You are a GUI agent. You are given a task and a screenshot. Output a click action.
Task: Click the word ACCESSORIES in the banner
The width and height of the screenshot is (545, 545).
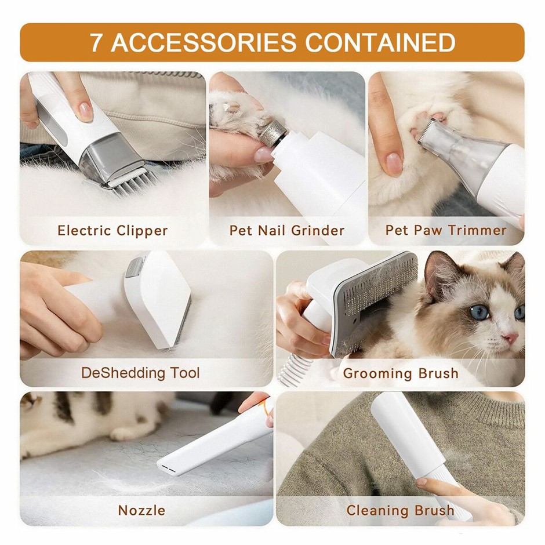204,42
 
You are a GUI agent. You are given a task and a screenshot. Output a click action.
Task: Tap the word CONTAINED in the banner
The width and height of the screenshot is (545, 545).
380,42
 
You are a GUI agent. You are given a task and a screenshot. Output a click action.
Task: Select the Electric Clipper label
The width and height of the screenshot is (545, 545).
112,230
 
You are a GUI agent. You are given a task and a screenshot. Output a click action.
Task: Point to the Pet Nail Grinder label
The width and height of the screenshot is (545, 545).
287,230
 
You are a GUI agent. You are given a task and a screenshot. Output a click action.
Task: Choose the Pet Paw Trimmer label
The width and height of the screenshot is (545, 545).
446,230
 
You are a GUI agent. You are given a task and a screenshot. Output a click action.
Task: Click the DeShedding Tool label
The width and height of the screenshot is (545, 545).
140,373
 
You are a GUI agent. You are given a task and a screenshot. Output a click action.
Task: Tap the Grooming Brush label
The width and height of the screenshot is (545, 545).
401,373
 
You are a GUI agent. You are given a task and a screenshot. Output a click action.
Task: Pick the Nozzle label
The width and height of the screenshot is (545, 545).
142,510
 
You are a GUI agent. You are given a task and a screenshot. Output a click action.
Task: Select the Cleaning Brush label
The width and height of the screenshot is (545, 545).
401,510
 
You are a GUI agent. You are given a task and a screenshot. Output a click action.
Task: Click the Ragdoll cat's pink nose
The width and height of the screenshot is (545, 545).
511,337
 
